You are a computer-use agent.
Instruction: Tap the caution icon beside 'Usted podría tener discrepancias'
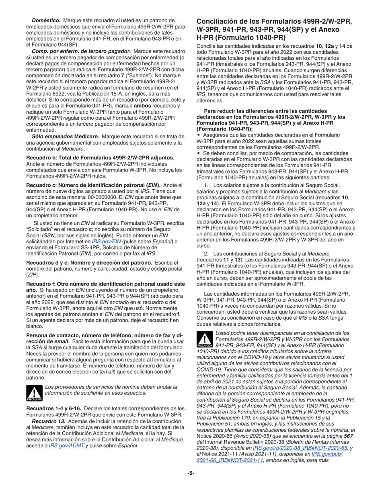(204, 340)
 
